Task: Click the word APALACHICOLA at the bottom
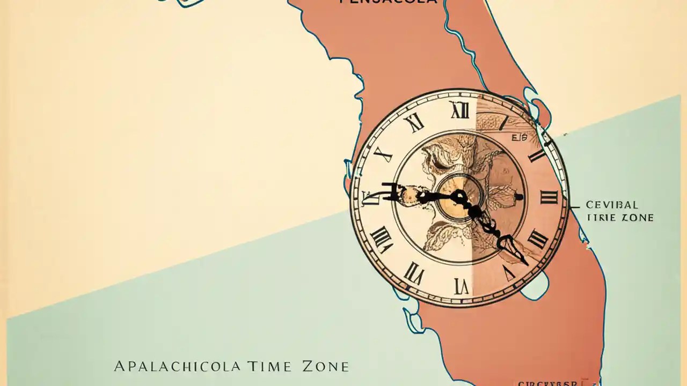click(177, 367)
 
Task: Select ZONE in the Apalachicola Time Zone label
click(325, 367)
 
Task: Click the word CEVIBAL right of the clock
click(612, 205)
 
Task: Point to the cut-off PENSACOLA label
click(388, 2)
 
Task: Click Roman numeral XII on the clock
click(460, 110)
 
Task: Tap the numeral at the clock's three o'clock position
click(549, 197)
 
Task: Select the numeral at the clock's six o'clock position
click(461, 286)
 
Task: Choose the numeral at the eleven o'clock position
click(415, 123)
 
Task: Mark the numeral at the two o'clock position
click(536, 155)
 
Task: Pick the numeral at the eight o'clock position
click(382, 239)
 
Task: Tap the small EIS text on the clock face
click(519, 138)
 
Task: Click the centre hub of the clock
click(459, 197)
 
